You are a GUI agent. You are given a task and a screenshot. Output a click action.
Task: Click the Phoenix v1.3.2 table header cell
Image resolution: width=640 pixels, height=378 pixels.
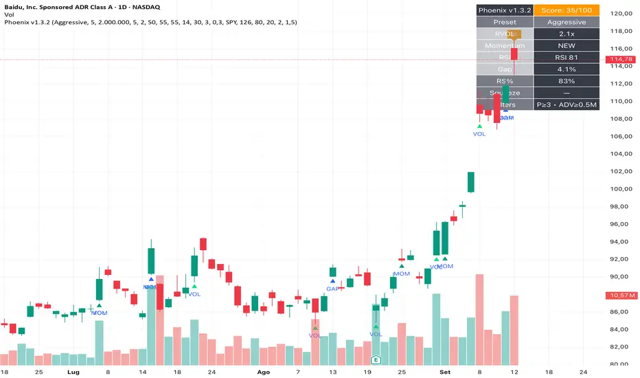click(504, 10)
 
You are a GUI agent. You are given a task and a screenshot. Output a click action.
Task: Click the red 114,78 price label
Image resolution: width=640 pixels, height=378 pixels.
click(620, 60)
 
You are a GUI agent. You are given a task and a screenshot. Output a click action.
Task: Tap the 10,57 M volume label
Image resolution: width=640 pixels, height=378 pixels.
click(620, 296)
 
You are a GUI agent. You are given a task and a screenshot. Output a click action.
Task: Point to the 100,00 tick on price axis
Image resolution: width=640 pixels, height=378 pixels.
click(620, 189)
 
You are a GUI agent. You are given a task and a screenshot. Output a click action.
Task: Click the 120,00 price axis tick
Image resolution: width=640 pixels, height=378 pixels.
click(620, 13)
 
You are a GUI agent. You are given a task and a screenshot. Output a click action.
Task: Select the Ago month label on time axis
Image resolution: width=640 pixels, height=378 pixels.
click(264, 371)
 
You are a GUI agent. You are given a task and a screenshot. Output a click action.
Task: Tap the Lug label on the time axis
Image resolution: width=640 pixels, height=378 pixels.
click(74, 371)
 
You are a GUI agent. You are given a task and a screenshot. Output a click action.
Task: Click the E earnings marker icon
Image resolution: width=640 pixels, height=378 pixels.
click(376, 359)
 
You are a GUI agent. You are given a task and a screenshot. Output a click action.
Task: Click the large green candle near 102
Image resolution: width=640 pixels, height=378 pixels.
click(471, 182)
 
